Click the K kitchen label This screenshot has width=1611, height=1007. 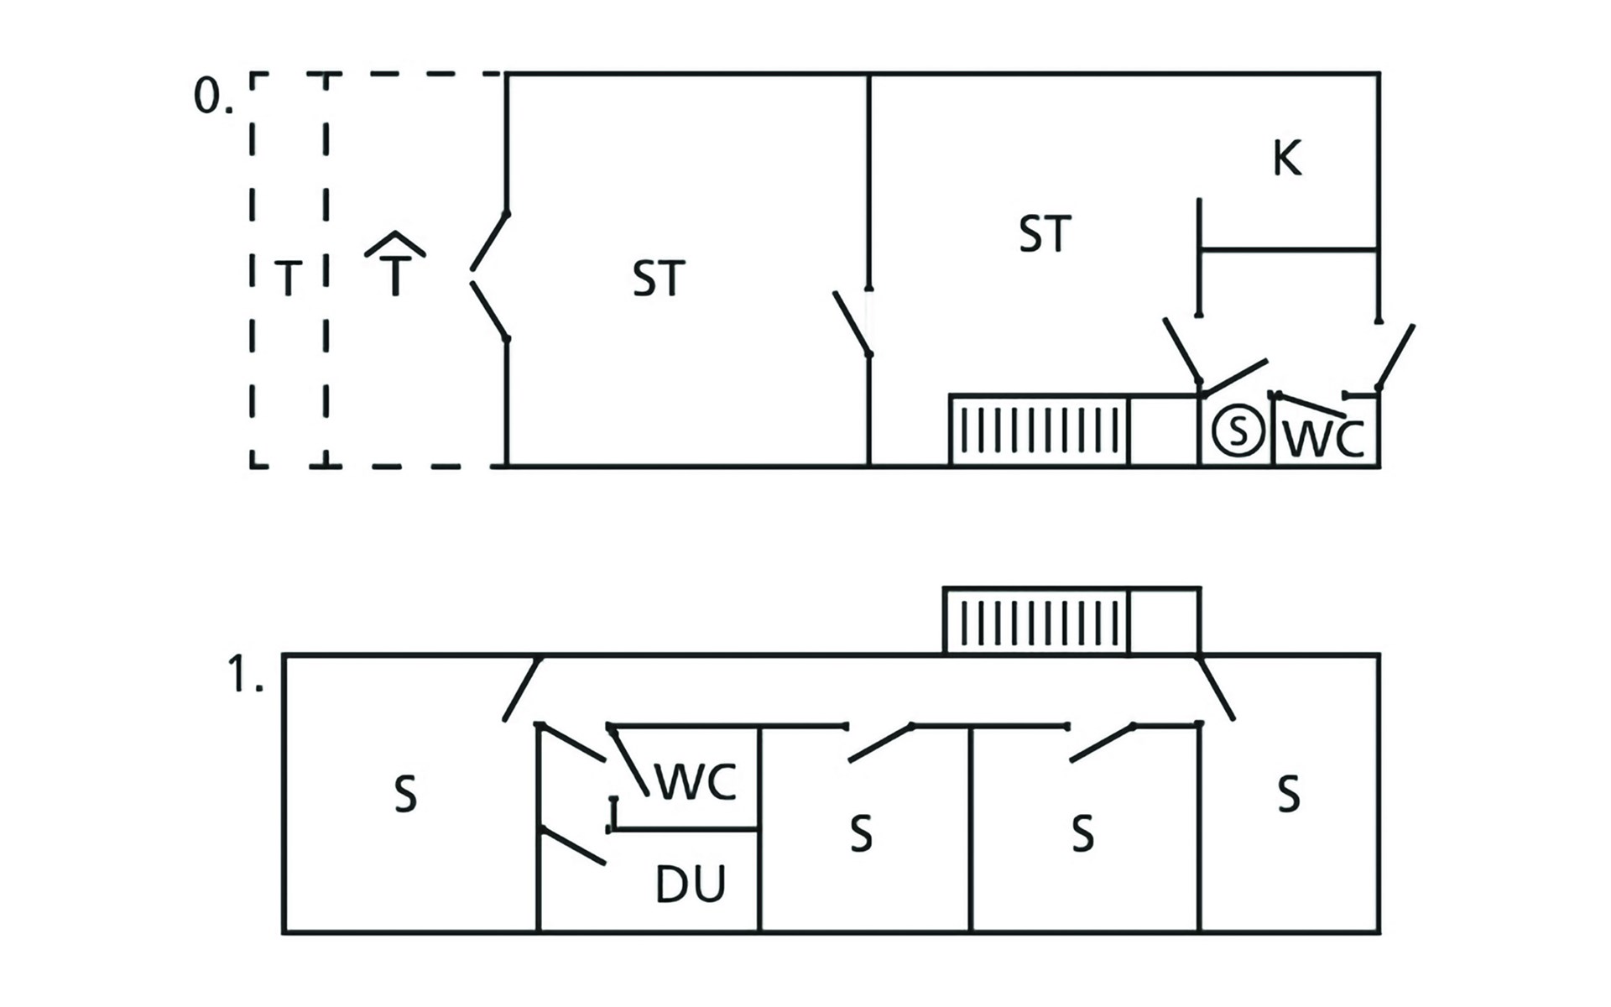[1287, 158]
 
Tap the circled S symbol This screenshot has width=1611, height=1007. [1238, 430]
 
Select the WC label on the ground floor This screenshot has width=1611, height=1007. [1325, 438]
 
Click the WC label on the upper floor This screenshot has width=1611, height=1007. [696, 782]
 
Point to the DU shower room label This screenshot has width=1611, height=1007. [690, 884]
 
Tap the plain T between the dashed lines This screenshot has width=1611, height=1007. [289, 279]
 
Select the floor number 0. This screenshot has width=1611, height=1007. [213, 96]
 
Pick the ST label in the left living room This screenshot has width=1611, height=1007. [659, 279]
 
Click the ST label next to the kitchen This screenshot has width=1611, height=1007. [1045, 234]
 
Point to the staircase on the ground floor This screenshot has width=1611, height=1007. [1039, 430]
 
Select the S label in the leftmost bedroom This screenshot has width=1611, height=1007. [405, 794]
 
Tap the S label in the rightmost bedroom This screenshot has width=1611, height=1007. [1289, 794]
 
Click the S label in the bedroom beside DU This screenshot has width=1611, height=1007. [861, 833]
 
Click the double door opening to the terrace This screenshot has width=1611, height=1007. [488, 277]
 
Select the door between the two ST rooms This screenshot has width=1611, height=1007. [852, 323]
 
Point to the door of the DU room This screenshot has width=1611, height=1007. [573, 846]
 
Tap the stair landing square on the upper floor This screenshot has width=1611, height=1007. [1165, 621]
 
